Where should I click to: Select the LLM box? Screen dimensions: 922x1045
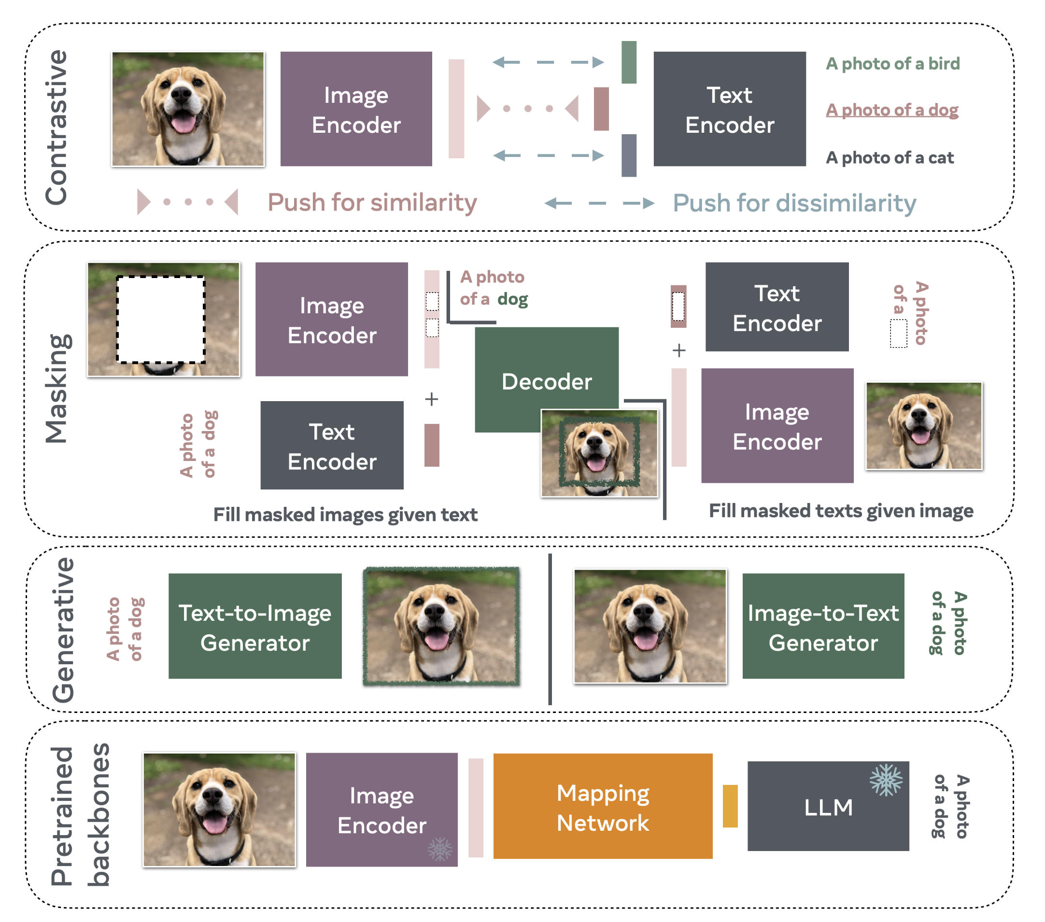[828, 806]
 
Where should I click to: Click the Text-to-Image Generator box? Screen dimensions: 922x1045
[254, 626]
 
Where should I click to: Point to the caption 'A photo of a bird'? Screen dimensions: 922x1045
[893, 63]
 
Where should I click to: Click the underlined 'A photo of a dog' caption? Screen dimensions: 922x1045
[891, 110]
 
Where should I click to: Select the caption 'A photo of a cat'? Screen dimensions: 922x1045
[890, 157]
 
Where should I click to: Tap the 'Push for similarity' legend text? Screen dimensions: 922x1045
[372, 202]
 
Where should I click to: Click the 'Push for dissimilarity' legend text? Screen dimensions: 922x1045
[794, 203]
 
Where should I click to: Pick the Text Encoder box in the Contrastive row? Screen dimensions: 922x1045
[729, 109]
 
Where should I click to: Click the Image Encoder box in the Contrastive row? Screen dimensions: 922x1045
[356, 109]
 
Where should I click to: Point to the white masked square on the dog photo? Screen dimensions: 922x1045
[160, 320]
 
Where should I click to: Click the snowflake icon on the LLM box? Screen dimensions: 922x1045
[886, 780]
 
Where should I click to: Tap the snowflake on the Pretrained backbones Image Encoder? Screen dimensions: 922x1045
[439, 850]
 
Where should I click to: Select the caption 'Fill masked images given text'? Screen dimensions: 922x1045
[345, 515]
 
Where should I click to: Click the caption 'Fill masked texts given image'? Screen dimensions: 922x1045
[841, 511]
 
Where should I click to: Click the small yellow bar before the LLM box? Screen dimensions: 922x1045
[730, 806]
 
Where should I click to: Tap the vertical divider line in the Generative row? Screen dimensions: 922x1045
[550, 629]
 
